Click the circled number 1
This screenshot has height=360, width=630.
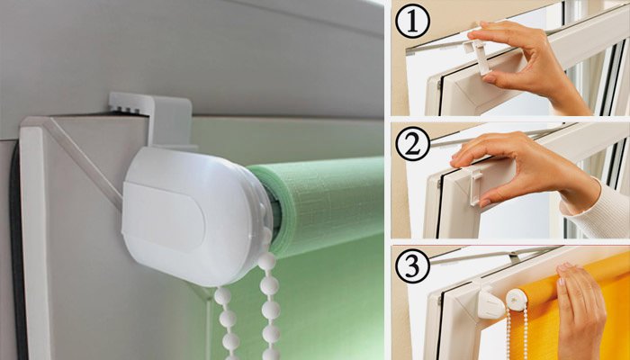tap(412, 21)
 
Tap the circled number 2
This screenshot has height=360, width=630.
tap(412, 144)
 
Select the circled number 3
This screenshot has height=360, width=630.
tap(412, 266)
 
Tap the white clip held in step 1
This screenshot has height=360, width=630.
tap(478, 56)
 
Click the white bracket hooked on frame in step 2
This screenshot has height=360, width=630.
tap(475, 186)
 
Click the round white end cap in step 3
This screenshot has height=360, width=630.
tap(517, 300)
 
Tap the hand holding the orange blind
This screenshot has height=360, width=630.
tap(580, 311)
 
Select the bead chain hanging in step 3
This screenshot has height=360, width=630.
tap(517, 334)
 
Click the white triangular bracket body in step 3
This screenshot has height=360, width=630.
tap(490, 304)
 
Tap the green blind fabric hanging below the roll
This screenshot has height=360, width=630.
tap(321, 305)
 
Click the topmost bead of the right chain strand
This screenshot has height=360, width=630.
tap(266, 261)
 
